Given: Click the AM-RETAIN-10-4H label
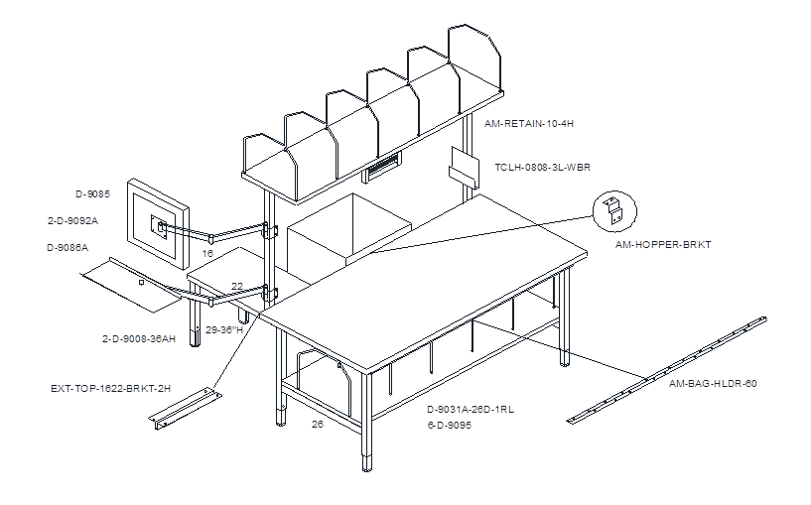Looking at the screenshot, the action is [529, 124].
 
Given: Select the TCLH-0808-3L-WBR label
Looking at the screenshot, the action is [542, 168].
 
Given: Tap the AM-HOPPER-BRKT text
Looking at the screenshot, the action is [663, 244].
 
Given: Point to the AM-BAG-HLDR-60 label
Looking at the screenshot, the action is [713, 384].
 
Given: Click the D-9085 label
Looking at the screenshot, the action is [93, 194].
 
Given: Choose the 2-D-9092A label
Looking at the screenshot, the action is [72, 220].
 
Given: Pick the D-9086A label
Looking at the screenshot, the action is [68, 248].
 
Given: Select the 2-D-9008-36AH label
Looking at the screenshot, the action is [139, 339].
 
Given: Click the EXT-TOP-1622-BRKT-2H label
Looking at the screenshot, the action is [111, 388].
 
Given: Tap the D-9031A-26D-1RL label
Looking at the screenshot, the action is [471, 410].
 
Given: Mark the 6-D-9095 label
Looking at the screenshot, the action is [449, 426].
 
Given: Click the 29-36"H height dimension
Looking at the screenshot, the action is [224, 329].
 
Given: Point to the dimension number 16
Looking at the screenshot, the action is [207, 254].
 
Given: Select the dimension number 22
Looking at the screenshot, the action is [237, 287].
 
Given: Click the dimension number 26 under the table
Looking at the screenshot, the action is [318, 425].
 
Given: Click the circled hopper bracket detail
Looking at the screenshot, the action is [614, 211].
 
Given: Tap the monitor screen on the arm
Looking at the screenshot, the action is [158, 224].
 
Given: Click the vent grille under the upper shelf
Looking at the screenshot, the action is [381, 167].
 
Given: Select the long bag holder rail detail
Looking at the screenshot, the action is [667, 370].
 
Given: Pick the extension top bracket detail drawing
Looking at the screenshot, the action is [186, 409].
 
